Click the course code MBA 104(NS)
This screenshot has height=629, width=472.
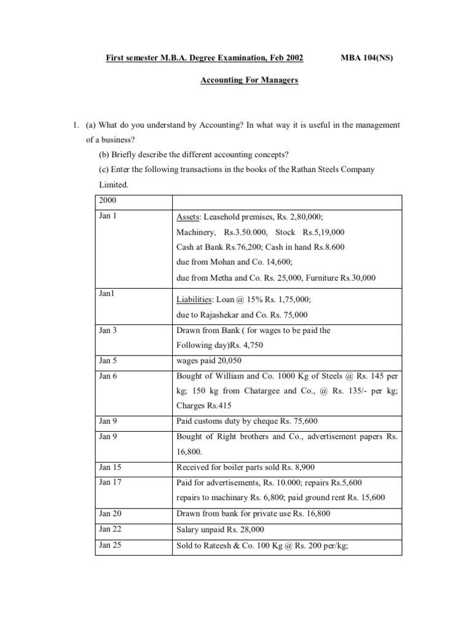click(366, 58)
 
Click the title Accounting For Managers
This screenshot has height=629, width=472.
click(249, 80)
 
